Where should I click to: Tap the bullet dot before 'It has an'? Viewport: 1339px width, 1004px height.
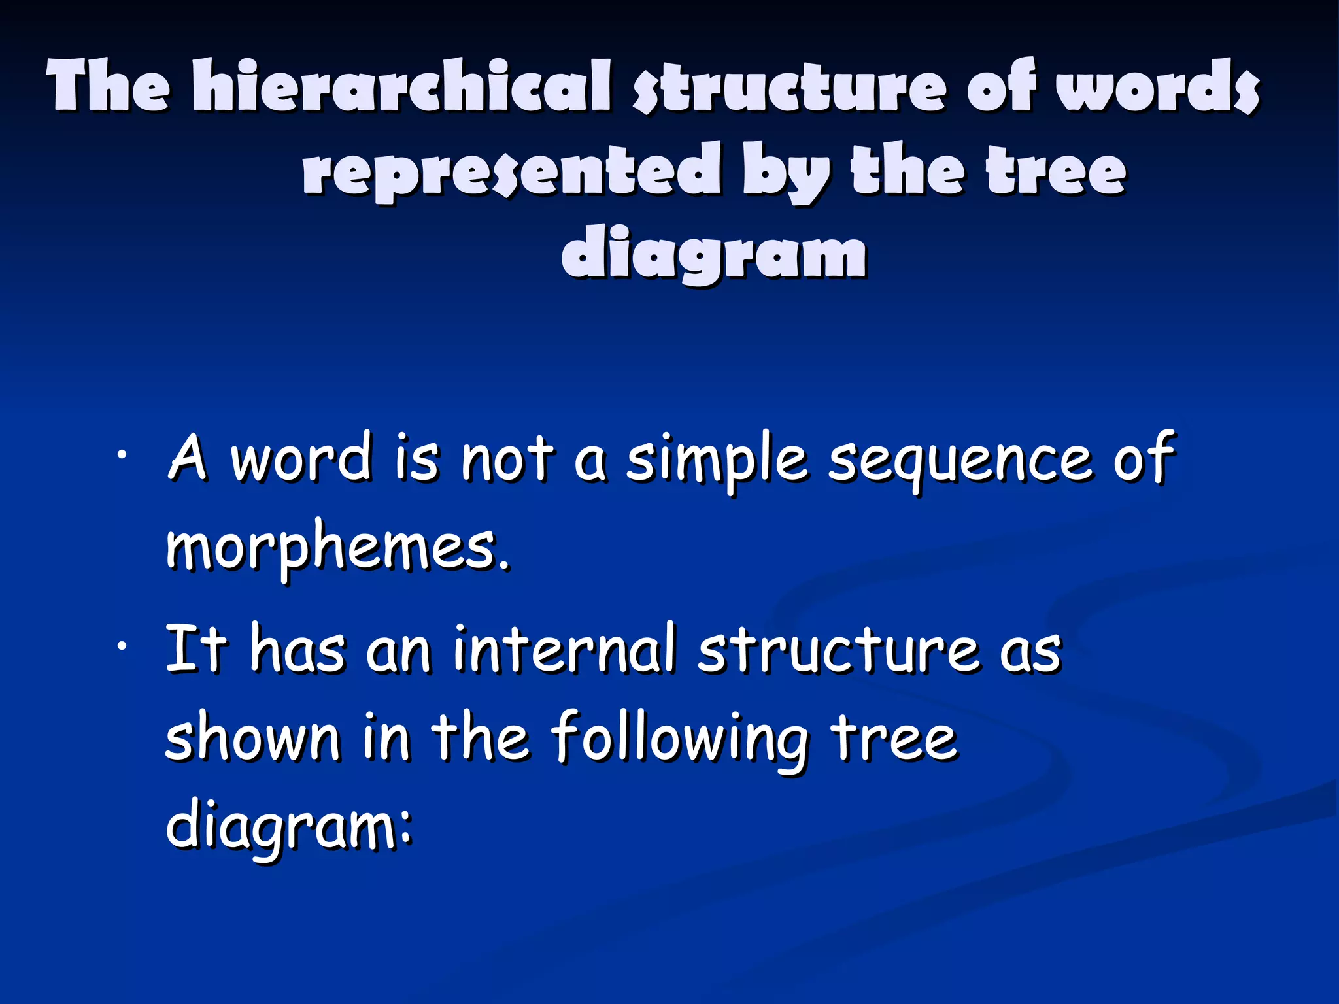pos(121,646)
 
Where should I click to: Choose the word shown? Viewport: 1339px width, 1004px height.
pos(252,738)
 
